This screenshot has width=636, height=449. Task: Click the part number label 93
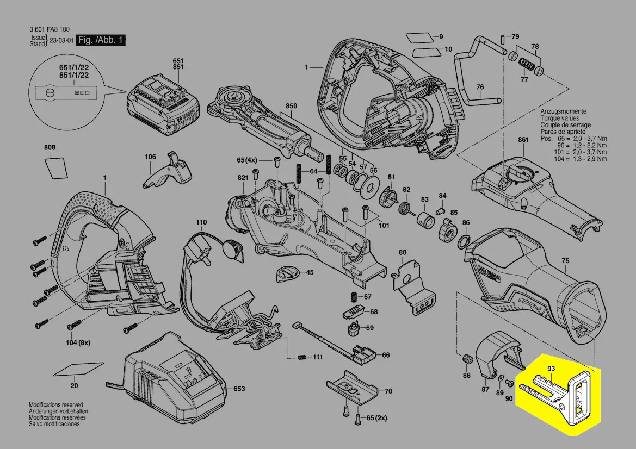pos(551,369)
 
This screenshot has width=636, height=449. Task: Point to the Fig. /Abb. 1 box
pos(101,41)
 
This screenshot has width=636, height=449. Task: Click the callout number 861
pos(523,140)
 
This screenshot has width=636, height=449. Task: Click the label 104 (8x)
pos(78,343)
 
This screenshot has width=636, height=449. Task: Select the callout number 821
pos(243,178)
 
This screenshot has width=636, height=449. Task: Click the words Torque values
pos(559,118)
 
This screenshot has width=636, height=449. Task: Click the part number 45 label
pos(309,272)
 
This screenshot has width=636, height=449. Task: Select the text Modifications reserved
pos(55,406)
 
